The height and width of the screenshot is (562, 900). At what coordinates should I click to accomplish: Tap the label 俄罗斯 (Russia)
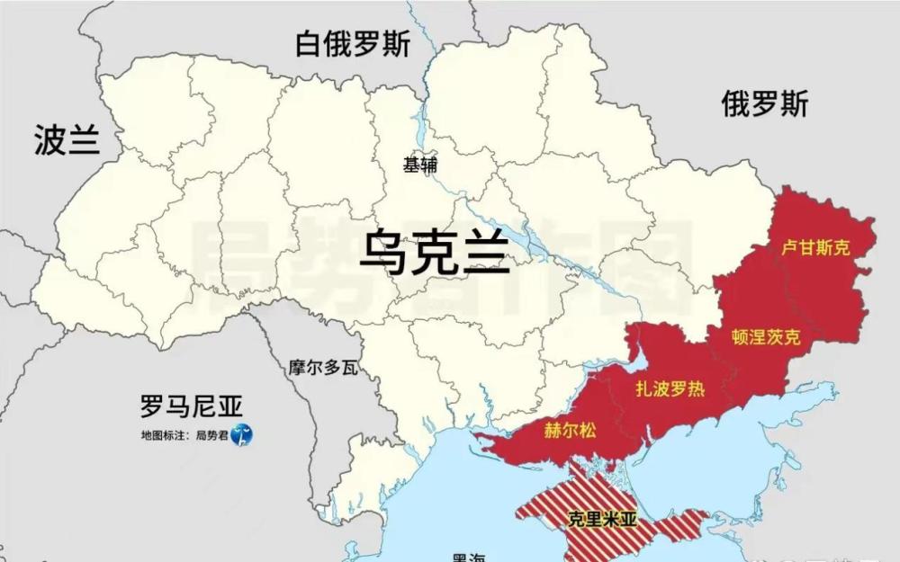coord(765,105)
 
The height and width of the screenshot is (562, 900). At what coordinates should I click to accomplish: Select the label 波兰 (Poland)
coord(67,140)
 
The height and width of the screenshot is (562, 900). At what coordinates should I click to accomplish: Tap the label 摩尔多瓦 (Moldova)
coord(323,368)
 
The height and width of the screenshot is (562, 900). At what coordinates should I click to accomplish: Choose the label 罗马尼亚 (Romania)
coord(191,406)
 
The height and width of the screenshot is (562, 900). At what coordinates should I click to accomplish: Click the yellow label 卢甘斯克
coord(815,248)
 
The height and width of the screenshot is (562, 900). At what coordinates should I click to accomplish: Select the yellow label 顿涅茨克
coord(765,337)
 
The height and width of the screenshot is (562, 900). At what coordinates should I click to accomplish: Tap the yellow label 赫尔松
coord(570,430)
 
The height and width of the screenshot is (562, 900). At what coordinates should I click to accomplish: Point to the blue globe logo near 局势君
coord(241,436)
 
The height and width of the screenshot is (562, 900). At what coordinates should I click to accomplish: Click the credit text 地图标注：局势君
coord(184,436)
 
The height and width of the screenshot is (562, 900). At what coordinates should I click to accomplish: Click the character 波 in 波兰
coord(50,140)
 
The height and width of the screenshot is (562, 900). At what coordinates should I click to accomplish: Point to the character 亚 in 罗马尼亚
coord(229,406)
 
